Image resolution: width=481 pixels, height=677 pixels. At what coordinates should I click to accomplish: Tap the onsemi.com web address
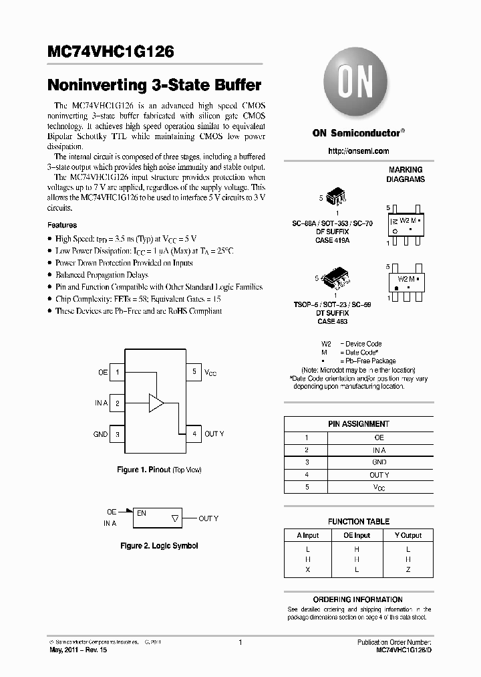pyautogui.click(x=358, y=151)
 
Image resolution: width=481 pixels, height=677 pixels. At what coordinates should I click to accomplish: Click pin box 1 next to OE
pyautogui.click(x=118, y=372)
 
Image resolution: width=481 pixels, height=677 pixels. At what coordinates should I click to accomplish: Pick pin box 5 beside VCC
pyautogui.click(x=194, y=372)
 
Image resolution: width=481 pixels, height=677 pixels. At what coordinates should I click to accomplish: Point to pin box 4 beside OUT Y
pyautogui.click(x=194, y=434)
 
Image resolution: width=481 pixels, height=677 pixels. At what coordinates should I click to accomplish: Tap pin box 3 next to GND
pyautogui.click(x=118, y=434)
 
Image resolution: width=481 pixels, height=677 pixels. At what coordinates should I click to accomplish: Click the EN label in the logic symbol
pyautogui.click(x=142, y=513)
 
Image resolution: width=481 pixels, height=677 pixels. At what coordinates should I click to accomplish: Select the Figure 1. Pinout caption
pyautogui.click(x=159, y=470)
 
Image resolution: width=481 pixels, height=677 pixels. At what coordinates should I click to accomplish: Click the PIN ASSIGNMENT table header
pyautogui.click(x=359, y=424)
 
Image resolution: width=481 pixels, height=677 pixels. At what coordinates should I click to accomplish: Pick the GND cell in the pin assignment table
pyautogui.click(x=379, y=462)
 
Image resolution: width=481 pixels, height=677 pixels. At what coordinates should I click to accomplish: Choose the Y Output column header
pyautogui.click(x=408, y=535)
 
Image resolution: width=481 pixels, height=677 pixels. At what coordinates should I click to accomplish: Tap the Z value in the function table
pyautogui.click(x=408, y=569)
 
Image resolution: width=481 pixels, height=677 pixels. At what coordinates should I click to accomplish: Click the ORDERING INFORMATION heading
pyautogui.click(x=358, y=599)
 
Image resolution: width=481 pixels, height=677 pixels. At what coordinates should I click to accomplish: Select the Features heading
pyautogui.click(x=62, y=225)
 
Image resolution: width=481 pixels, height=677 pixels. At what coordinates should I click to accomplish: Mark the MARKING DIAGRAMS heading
pyautogui.click(x=406, y=175)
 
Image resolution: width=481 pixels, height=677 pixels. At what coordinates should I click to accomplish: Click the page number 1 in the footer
pyautogui.click(x=240, y=642)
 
